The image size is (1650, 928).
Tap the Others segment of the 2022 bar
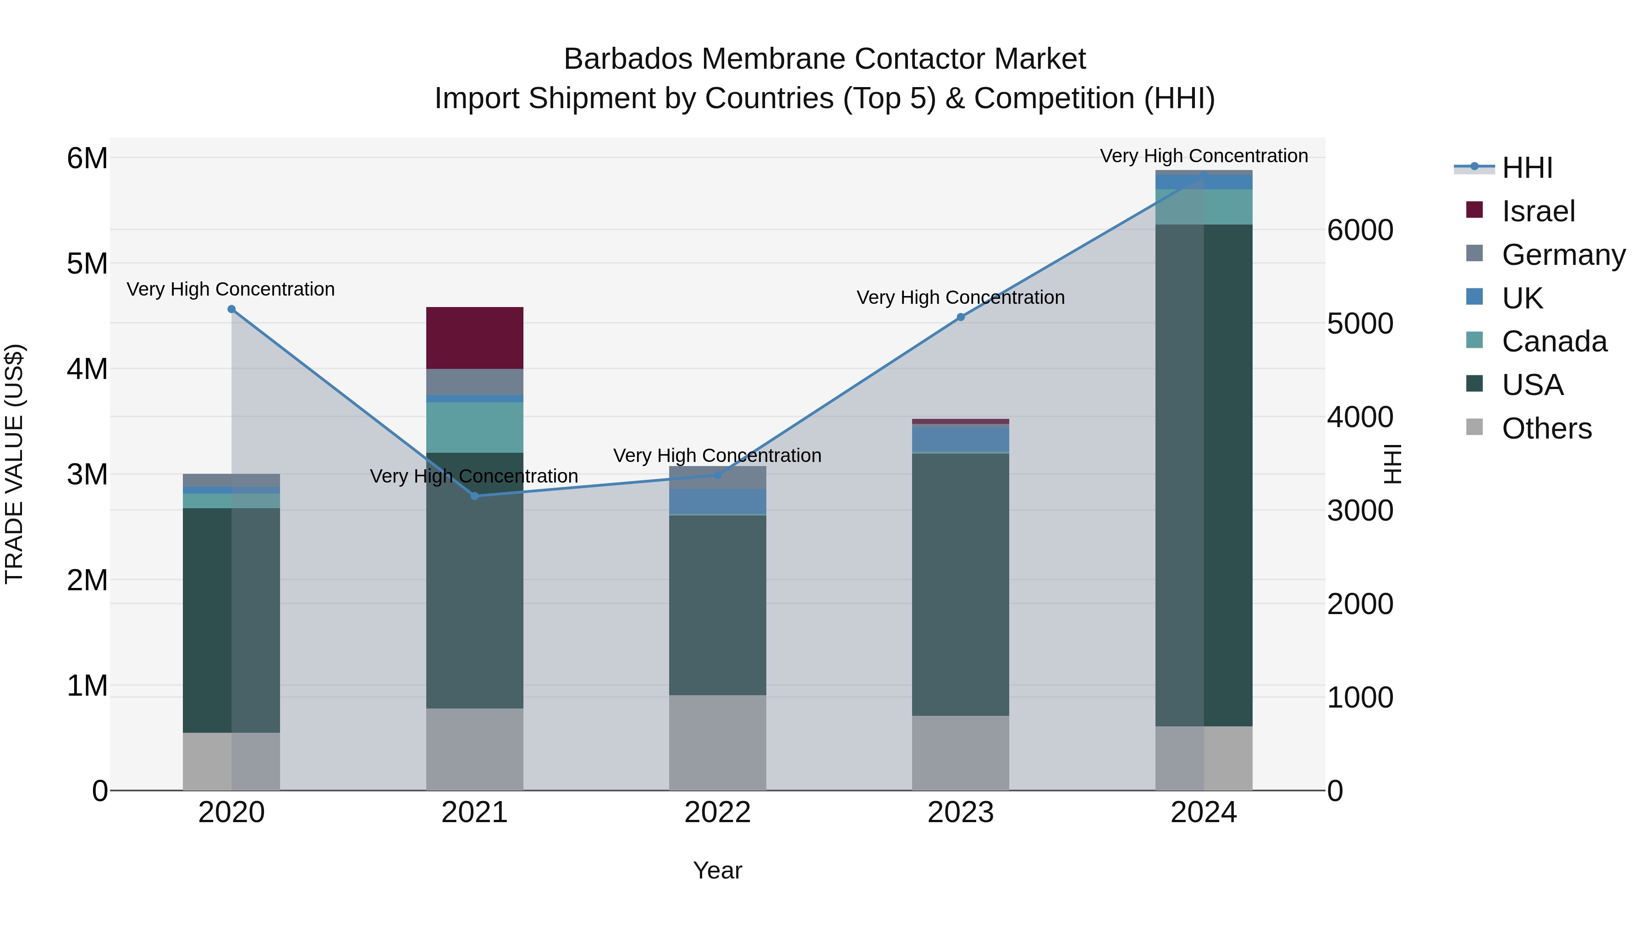point(717,742)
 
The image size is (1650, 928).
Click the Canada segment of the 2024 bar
point(1204,206)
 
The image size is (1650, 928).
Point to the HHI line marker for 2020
point(232,309)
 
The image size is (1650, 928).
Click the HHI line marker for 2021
point(475,496)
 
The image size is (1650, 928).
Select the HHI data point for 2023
point(961,317)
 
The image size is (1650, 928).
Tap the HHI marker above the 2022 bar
point(717,475)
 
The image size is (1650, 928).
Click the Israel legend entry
point(1537,211)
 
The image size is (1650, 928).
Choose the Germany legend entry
point(1563,255)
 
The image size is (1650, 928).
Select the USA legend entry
point(1532,385)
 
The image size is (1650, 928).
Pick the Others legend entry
point(1546,428)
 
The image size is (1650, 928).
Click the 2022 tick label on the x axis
point(717,813)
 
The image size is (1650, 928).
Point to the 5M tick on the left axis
point(87,263)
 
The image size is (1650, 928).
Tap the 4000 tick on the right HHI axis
point(1360,417)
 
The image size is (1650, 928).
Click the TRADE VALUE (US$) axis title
point(14,464)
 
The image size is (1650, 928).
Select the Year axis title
point(717,870)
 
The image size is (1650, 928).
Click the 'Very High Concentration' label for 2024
point(1204,156)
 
